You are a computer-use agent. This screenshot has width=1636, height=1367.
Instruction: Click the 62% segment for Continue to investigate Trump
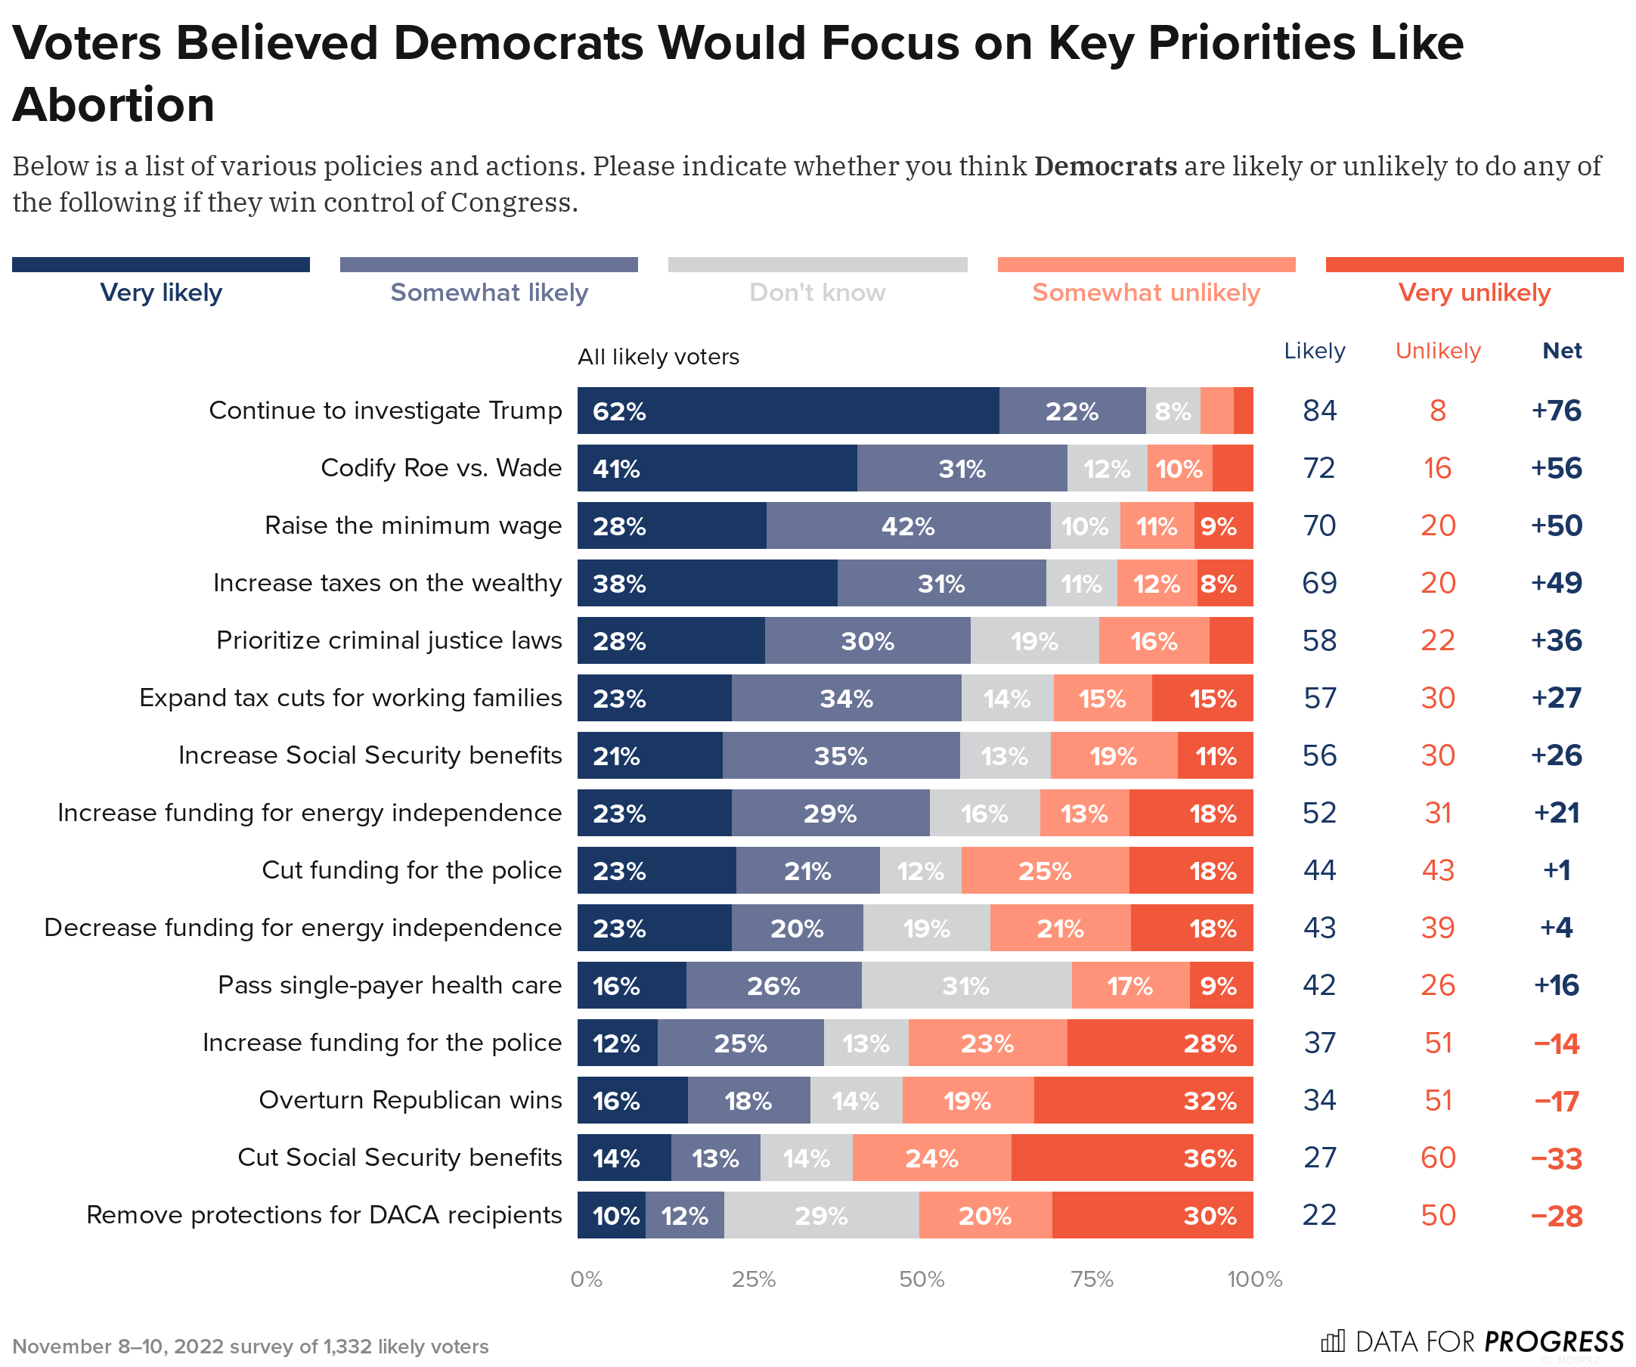(788, 411)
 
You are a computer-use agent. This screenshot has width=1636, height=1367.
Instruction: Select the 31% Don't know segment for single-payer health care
(966, 985)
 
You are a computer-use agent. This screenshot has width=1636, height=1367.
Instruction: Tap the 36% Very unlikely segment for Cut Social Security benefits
(1131, 1158)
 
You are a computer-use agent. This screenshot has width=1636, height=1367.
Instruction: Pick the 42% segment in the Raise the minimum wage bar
(908, 525)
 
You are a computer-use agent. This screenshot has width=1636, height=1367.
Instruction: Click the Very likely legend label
(161, 293)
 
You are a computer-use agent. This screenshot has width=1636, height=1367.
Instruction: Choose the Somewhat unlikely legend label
(1145, 293)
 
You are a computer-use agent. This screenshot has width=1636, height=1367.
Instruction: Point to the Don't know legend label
(817, 293)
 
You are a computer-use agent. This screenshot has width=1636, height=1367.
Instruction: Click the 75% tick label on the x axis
(1092, 1279)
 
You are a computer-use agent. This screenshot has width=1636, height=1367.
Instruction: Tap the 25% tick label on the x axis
(753, 1279)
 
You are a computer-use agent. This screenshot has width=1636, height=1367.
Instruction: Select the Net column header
(1561, 351)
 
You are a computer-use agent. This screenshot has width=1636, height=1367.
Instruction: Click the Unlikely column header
(1437, 351)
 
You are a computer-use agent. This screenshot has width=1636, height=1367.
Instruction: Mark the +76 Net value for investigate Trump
(1556, 411)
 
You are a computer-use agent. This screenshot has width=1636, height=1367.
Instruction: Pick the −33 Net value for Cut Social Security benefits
(1556, 1158)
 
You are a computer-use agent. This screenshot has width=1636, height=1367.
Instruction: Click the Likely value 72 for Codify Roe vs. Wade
(1319, 468)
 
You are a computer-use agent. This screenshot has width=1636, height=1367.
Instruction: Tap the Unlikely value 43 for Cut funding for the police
(1437, 870)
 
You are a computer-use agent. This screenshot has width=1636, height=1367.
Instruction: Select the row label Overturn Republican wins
(410, 1100)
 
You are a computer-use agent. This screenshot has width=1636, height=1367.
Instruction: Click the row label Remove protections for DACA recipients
(324, 1215)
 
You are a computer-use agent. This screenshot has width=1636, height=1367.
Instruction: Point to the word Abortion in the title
(113, 104)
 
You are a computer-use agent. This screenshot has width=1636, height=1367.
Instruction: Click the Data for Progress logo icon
(1332, 1341)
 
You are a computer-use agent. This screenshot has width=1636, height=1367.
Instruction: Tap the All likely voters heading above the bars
(658, 357)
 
